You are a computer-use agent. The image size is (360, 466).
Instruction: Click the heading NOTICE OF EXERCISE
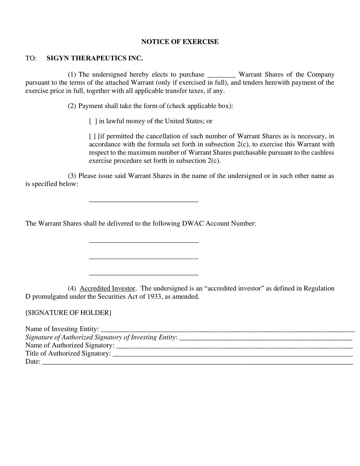tap(180, 42)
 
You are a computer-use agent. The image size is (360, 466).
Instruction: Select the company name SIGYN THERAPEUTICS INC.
tap(94, 58)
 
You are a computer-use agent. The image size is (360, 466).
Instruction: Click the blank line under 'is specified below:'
tap(144, 201)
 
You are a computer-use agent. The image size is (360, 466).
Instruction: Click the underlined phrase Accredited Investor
tap(107, 288)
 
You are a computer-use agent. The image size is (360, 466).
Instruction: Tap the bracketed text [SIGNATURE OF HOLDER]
tap(68, 313)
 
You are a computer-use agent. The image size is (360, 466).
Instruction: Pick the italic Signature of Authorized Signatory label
tap(101, 337)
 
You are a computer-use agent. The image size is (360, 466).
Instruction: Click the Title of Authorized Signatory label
tap(68, 353)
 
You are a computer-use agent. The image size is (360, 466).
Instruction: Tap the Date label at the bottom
tap(33, 362)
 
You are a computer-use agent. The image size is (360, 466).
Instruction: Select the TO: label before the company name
tap(31, 58)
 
